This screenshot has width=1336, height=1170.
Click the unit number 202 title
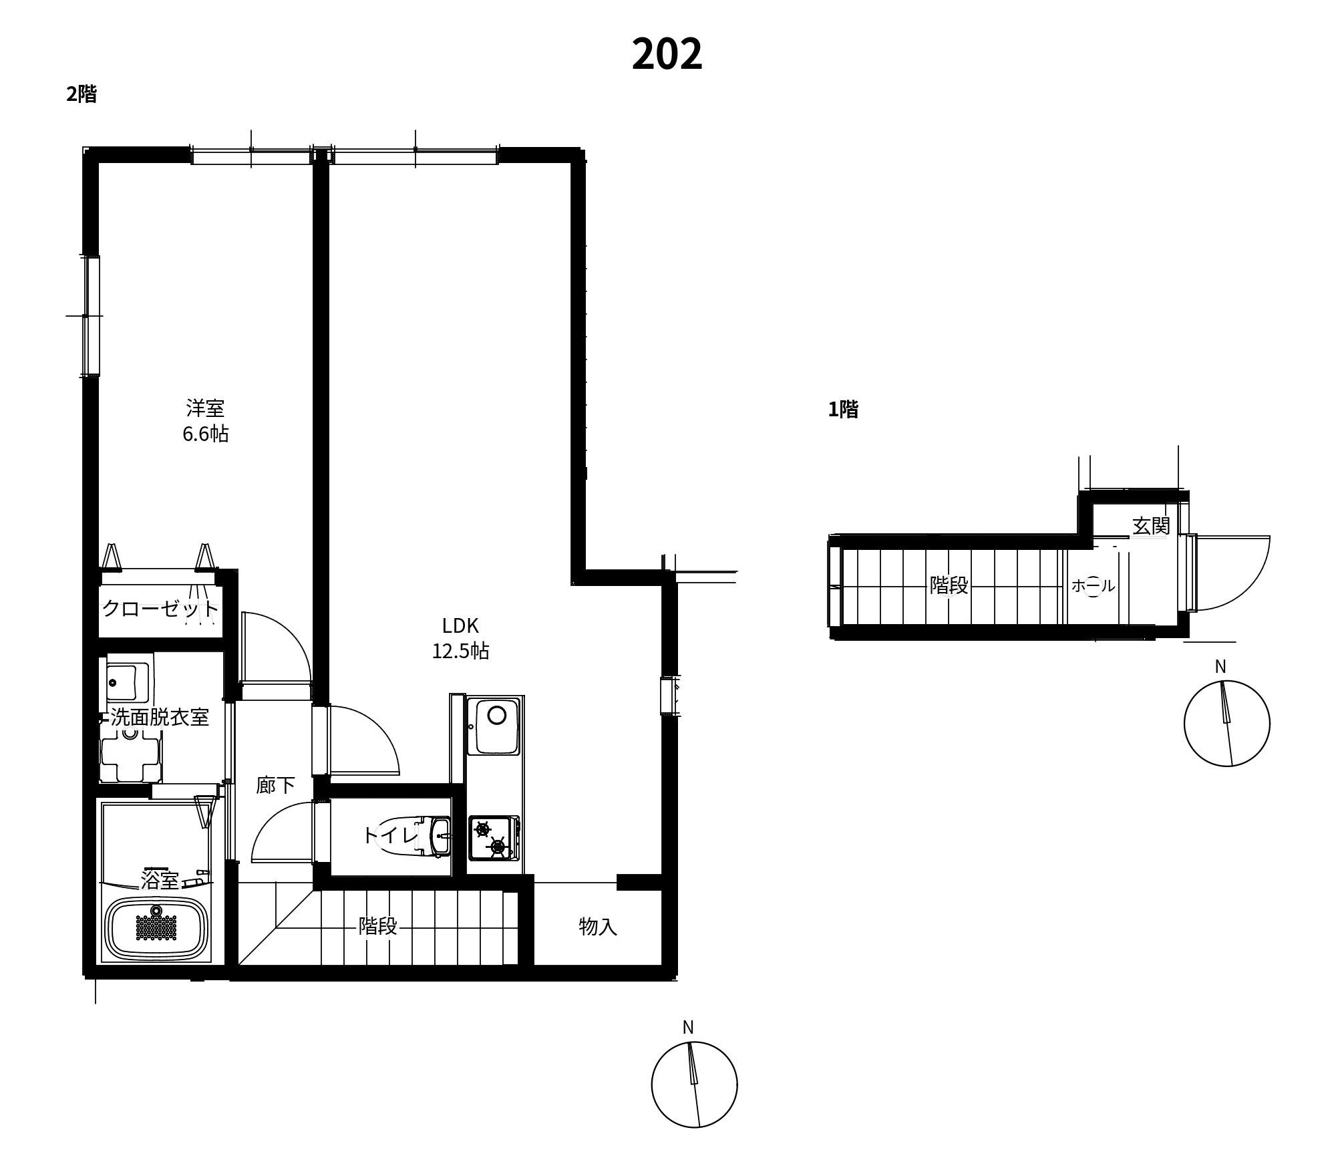click(x=667, y=54)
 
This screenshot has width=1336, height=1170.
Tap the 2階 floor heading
click(x=81, y=94)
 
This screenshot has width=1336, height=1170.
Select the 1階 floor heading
click(x=843, y=409)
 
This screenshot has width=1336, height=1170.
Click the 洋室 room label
click(x=205, y=408)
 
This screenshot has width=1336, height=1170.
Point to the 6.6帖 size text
click(x=205, y=434)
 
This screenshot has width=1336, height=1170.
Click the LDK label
click(x=460, y=625)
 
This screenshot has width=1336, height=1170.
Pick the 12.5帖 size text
click(x=460, y=651)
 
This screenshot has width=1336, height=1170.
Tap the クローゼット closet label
click(x=160, y=609)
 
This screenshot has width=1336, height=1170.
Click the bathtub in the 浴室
click(x=158, y=926)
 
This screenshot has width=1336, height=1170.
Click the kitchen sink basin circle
click(x=496, y=715)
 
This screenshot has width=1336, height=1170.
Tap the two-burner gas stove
click(x=494, y=838)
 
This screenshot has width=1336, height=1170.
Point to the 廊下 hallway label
click(x=275, y=785)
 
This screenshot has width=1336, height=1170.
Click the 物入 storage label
click(x=598, y=926)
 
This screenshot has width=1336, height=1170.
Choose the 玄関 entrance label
click(x=1151, y=526)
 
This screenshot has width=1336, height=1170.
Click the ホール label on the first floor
click(x=1093, y=586)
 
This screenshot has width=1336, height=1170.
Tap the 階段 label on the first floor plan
click(x=949, y=585)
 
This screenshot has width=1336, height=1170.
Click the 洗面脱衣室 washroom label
click(x=160, y=717)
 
